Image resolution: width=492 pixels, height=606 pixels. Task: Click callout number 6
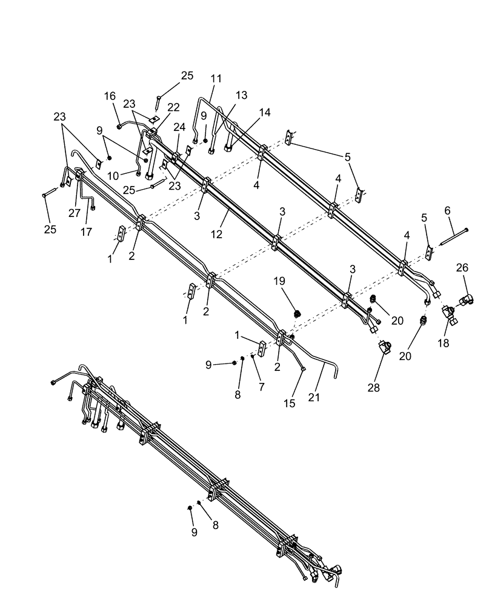(448, 210)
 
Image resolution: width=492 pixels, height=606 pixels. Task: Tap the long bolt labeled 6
(453, 236)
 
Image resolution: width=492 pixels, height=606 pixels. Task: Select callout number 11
(217, 79)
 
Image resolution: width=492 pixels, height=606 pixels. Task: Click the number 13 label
(242, 95)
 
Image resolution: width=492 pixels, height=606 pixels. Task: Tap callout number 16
(110, 96)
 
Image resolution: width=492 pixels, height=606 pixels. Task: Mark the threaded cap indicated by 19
(298, 313)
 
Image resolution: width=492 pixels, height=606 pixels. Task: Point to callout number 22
(174, 107)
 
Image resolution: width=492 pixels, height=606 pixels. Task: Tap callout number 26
(462, 267)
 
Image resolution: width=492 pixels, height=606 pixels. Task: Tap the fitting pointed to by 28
(384, 349)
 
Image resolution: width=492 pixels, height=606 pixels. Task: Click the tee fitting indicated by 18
(451, 313)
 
